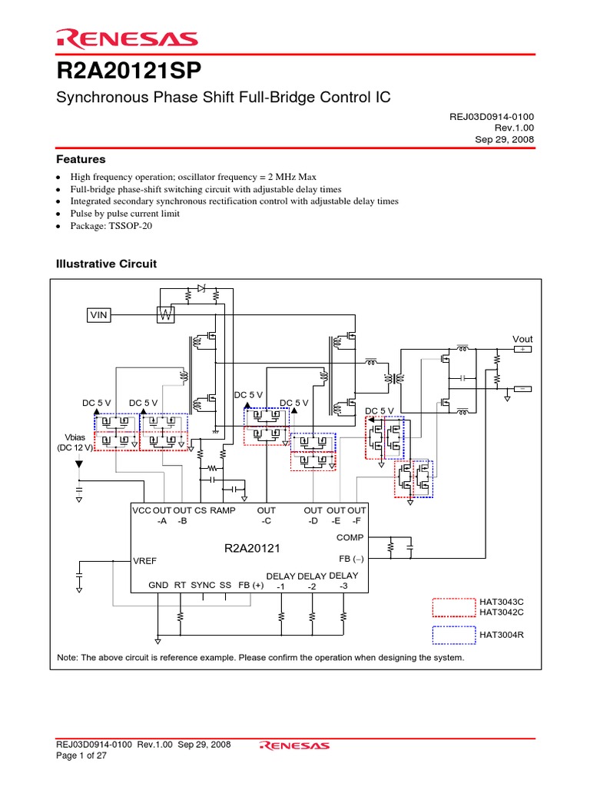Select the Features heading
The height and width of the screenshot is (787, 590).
[81, 160]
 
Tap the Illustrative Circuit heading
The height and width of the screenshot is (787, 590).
[107, 264]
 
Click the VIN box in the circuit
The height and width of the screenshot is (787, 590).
[99, 314]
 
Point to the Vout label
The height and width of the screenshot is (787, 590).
[523, 339]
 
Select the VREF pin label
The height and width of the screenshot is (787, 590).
[145, 561]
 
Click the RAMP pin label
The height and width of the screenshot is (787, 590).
[223, 510]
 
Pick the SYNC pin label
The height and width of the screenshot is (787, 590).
[203, 585]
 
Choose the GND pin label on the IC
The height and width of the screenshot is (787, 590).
[158, 585]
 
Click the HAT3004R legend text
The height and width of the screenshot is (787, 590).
[505, 635]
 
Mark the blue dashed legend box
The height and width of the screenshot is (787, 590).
[454, 635]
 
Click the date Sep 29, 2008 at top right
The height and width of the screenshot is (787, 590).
[505, 139]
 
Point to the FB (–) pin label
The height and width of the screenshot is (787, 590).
[353, 559]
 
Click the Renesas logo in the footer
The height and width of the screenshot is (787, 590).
[295, 745]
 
